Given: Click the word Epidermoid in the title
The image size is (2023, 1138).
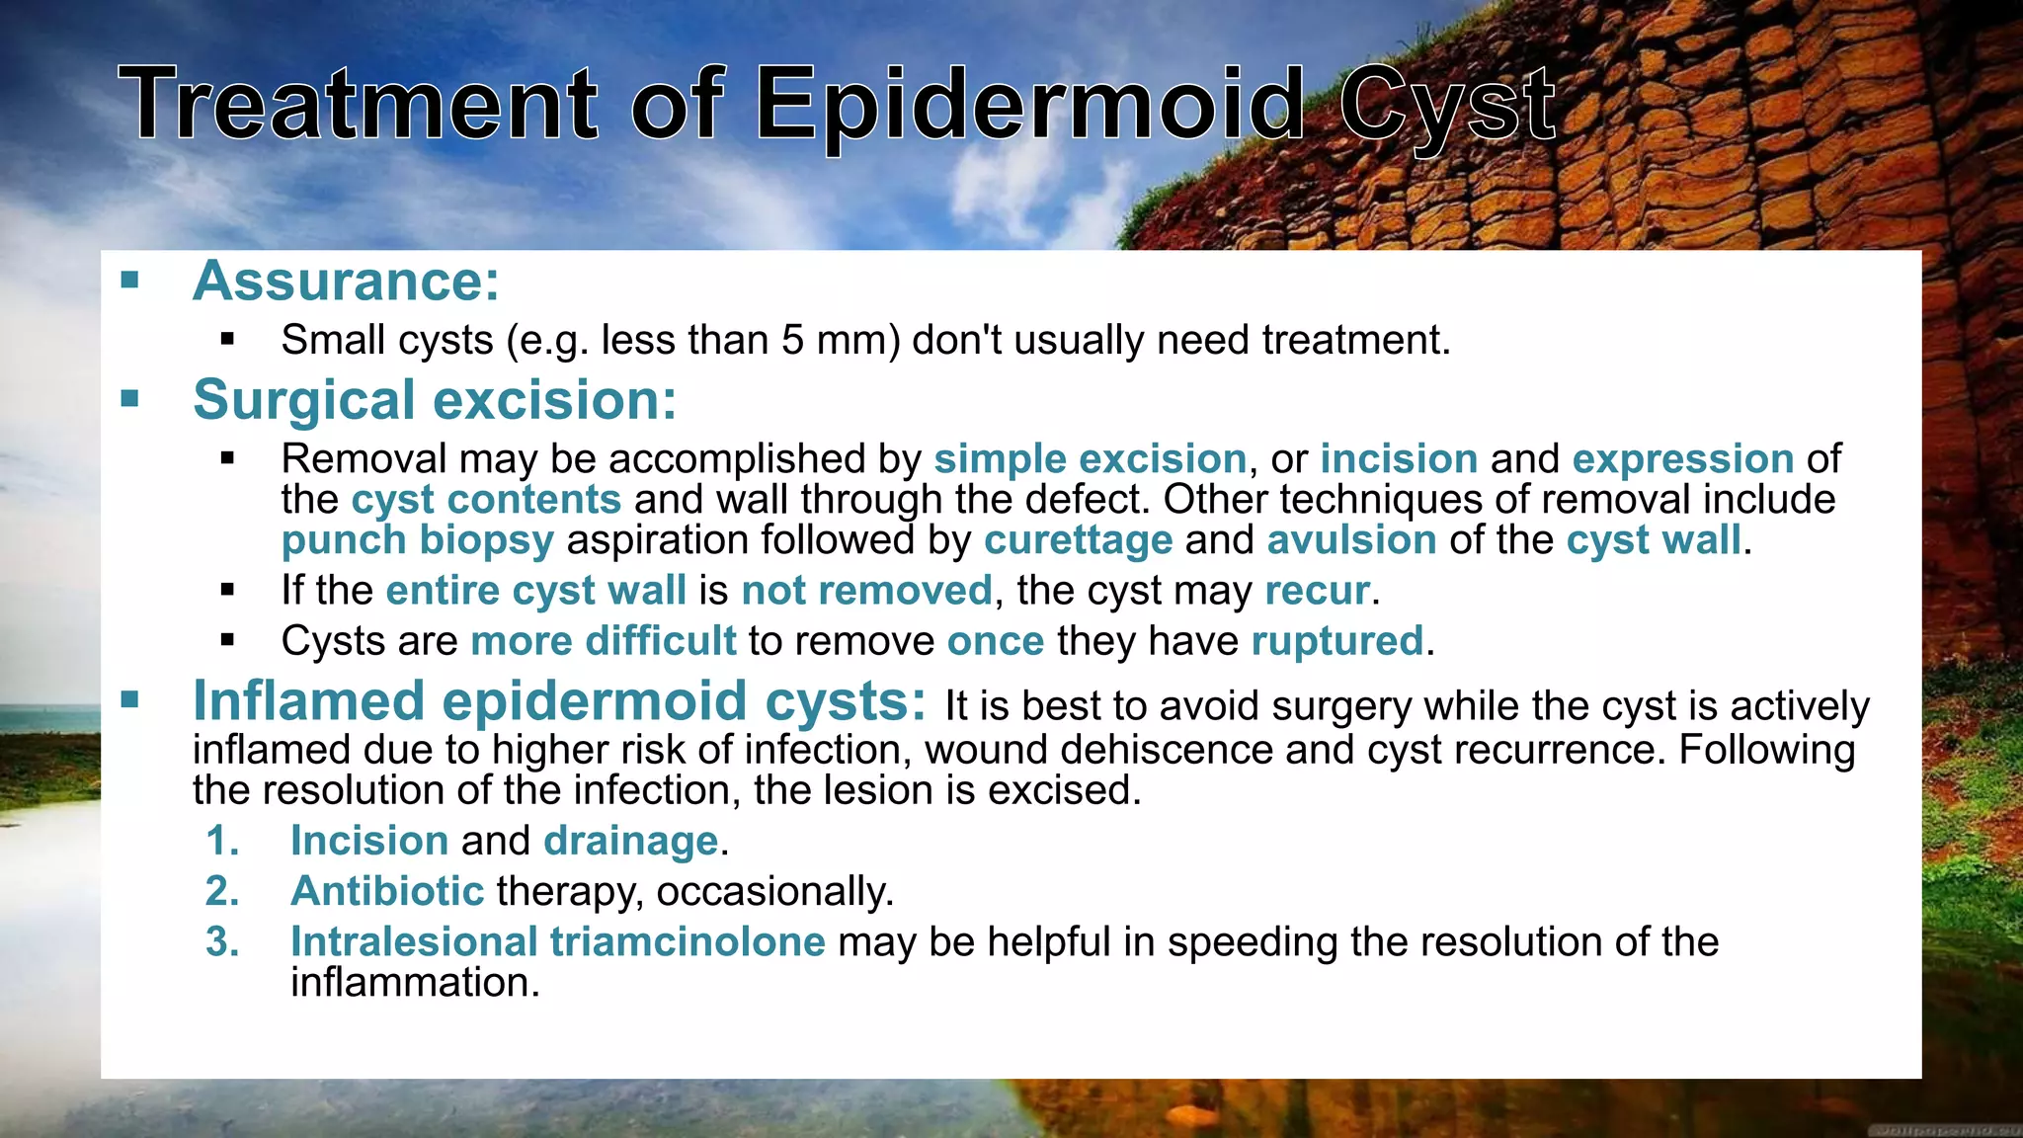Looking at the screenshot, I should (x=1031, y=105).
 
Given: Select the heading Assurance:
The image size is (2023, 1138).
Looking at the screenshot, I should (x=346, y=282).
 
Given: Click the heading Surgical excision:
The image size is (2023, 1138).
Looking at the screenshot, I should (x=435, y=400).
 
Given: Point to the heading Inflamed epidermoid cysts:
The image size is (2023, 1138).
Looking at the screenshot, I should (x=559, y=701).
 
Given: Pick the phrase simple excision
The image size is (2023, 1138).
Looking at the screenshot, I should (x=1090, y=459).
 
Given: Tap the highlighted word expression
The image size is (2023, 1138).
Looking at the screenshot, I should (x=1682, y=459).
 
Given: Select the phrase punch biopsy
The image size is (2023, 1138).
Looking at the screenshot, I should (x=417, y=541).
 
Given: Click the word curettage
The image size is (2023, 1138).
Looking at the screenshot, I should (x=1078, y=541).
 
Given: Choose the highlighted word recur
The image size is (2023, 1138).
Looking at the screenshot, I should (x=1317, y=591).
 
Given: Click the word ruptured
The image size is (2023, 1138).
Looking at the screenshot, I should (x=1336, y=641).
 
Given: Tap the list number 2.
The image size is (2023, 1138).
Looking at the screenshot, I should (x=222, y=892).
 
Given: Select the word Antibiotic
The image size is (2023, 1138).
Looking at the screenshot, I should (x=386, y=892).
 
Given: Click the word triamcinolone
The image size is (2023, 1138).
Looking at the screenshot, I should (x=687, y=942).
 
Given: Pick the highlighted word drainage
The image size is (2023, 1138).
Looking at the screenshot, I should (x=630, y=842).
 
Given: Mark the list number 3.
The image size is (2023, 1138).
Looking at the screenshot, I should (x=222, y=942).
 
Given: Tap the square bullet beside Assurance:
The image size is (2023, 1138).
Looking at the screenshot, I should (x=129, y=281).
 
